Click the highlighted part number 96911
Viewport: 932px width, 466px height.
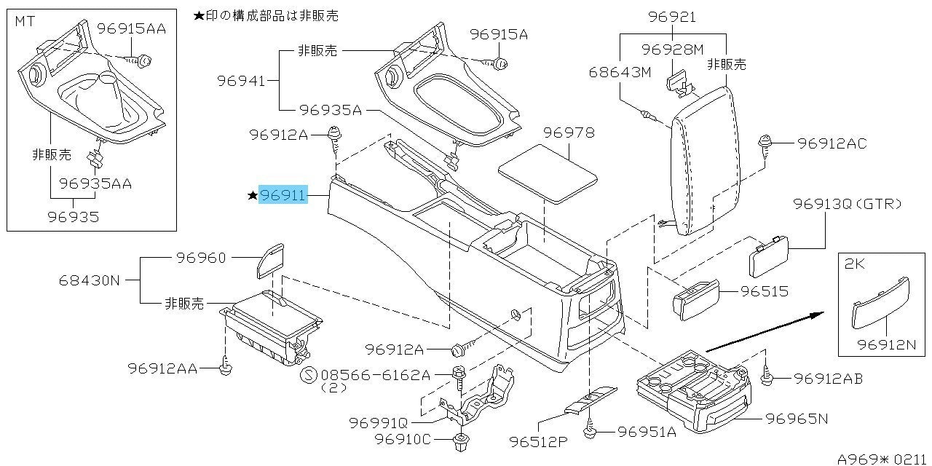point(283,194)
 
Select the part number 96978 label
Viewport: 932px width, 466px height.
point(569,133)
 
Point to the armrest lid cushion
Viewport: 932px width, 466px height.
point(703,157)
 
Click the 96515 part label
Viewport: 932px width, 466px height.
point(764,292)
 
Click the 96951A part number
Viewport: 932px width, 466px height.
point(647,432)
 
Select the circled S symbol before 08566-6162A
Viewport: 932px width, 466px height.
point(309,375)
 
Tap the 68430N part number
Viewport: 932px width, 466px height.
point(89,280)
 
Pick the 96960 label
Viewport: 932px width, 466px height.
point(200,258)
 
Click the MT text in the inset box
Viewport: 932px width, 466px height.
point(23,22)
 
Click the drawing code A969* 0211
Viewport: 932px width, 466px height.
point(881,459)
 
